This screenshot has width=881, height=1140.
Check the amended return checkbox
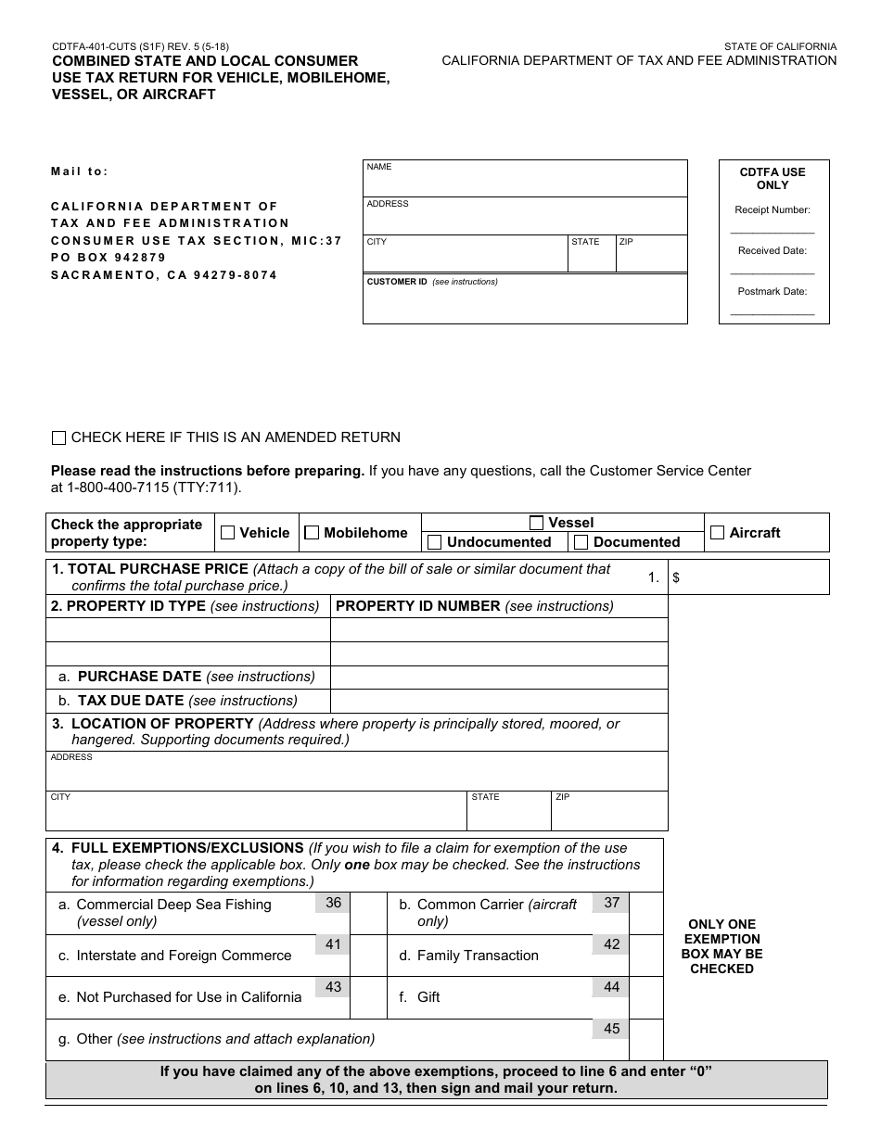coord(59,437)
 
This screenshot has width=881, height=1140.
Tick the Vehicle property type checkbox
coord(227,533)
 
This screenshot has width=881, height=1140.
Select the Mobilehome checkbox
coord(312,533)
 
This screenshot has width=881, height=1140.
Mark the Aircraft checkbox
coord(717,533)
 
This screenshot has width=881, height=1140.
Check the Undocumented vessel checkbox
coord(434,542)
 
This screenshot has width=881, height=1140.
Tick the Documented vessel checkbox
coord(581,542)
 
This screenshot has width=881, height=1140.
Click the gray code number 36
coord(333,903)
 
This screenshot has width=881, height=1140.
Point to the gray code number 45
coord(611,1028)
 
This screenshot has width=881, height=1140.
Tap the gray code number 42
coord(611,944)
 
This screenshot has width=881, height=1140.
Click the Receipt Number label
coord(772,210)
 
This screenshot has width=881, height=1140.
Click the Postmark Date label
coord(772,291)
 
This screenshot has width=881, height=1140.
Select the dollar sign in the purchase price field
coord(676,577)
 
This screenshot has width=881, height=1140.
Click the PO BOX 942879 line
coord(109,258)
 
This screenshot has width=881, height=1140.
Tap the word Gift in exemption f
coord(428,997)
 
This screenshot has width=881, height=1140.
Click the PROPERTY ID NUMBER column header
coord(417,606)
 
